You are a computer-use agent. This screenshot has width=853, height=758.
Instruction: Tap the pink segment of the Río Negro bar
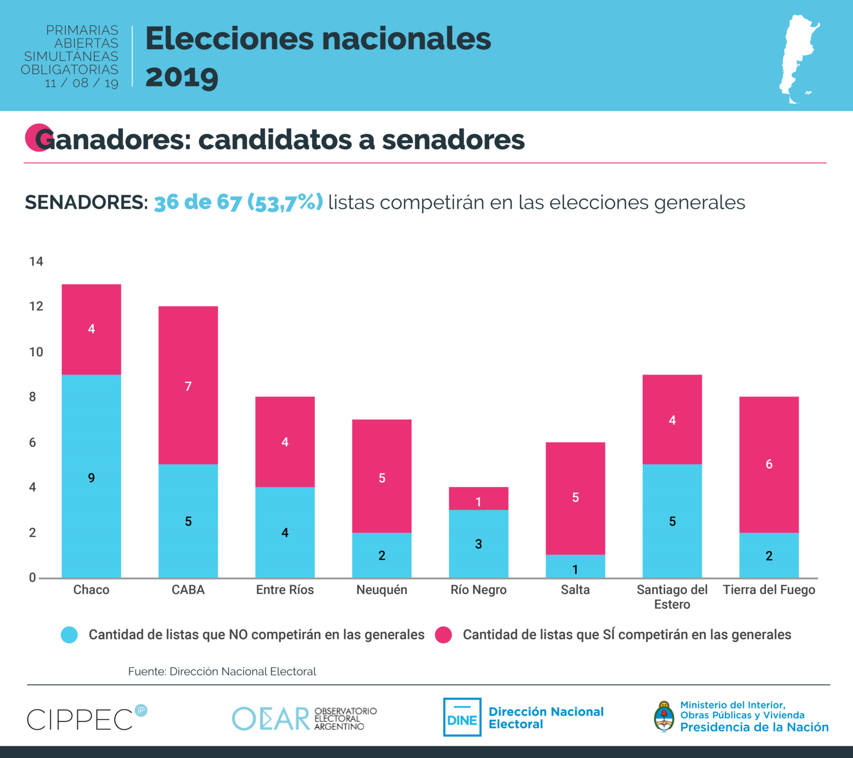(478, 499)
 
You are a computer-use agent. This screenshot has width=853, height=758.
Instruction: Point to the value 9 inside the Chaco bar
(92, 478)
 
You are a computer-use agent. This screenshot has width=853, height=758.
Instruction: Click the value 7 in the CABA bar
(188, 386)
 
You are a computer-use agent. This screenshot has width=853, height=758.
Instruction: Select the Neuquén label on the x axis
(382, 590)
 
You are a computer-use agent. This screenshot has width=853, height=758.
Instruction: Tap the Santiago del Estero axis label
(672, 597)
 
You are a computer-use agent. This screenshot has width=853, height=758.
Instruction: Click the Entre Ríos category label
(285, 590)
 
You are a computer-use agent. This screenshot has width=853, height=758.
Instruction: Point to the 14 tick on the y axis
(36, 261)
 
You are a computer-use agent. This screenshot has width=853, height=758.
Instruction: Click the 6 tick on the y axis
(33, 442)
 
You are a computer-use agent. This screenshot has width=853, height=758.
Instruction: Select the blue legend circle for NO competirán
(69, 635)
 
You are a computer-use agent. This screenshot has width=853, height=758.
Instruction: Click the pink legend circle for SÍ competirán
(444, 635)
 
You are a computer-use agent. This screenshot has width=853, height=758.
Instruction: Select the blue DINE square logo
(462, 717)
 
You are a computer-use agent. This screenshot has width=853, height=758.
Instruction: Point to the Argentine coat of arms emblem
(664, 717)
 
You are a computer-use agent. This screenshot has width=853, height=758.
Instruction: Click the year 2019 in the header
(182, 77)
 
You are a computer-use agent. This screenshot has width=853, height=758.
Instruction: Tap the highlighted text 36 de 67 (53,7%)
(238, 202)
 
